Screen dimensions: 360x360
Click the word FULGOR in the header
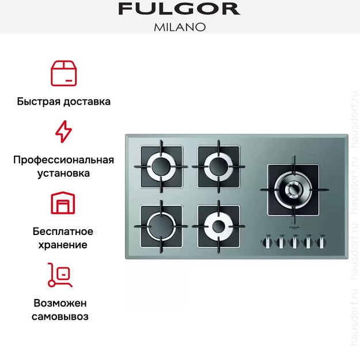coord(179,9)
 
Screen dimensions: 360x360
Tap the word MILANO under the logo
coord(179,26)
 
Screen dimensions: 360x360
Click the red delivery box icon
coord(63,72)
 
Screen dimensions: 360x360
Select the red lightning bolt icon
coord(63,132)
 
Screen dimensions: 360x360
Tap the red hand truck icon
coord(60,275)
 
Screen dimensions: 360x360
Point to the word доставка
coord(88,102)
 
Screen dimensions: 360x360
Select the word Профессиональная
coord(63,160)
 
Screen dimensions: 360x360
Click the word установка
coord(63,173)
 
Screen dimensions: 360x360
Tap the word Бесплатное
coord(63,232)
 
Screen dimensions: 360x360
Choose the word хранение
coord(63,245)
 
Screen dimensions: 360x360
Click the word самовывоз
coord(63,316)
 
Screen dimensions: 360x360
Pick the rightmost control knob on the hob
coord(320,242)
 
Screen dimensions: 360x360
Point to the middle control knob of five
coord(294,242)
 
